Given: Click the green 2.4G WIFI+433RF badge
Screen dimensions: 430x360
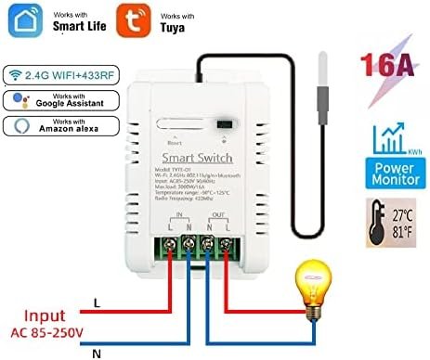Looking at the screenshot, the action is click(x=55, y=71).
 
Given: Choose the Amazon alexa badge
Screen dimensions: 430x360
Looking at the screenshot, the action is click(x=57, y=127).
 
